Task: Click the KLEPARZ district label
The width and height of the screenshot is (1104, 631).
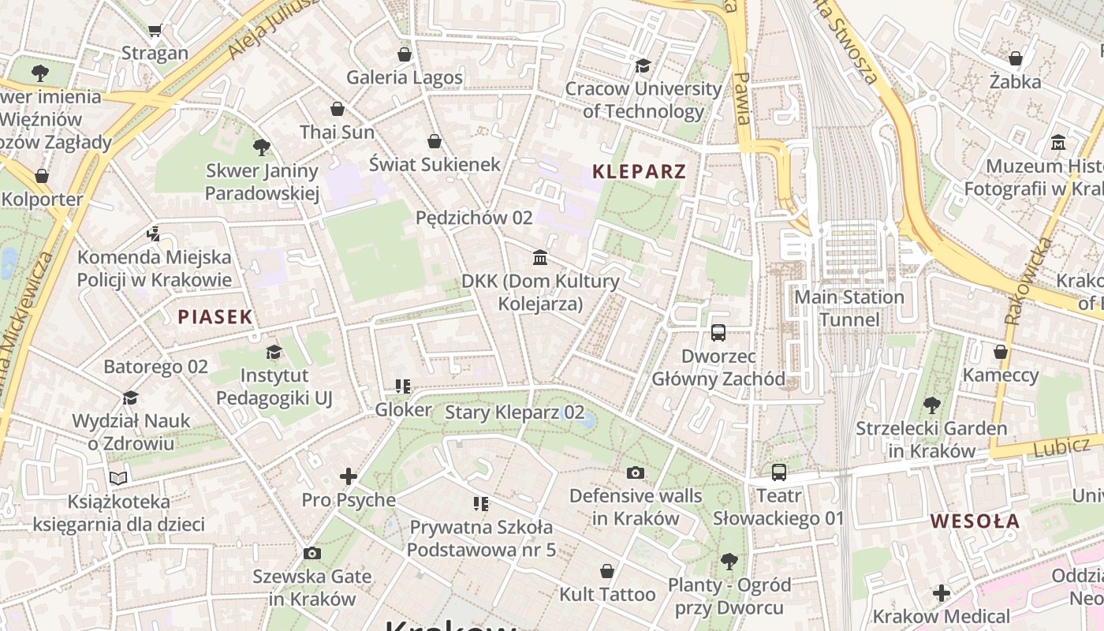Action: (639, 171)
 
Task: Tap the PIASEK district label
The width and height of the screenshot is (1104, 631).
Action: (215, 317)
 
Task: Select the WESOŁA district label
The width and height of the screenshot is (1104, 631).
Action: (975, 521)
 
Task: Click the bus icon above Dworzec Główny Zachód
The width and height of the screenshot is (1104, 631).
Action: (718, 333)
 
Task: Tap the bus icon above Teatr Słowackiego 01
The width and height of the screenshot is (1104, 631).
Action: (778, 472)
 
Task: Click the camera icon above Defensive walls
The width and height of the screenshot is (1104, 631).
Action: (635, 472)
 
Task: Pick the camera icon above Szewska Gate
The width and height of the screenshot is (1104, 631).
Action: (311, 553)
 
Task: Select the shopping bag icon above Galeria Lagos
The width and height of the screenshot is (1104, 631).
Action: (405, 54)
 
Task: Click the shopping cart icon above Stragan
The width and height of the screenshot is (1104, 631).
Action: (155, 30)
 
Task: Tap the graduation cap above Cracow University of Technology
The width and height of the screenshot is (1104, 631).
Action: (643, 65)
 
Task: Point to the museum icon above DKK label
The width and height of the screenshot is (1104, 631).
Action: (540, 257)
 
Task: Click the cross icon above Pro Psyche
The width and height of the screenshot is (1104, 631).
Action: (348, 476)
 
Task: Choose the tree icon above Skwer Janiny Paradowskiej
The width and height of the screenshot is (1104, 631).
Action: (262, 147)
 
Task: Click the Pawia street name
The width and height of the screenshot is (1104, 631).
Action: (741, 99)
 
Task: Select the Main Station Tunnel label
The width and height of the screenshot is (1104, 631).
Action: (849, 308)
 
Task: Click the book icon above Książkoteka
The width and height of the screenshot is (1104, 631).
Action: (118, 478)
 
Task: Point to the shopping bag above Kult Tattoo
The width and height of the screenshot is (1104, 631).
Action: (607, 570)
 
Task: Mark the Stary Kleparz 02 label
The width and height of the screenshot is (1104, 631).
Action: (515, 412)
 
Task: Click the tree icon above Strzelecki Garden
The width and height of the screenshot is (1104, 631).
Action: (931, 405)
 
